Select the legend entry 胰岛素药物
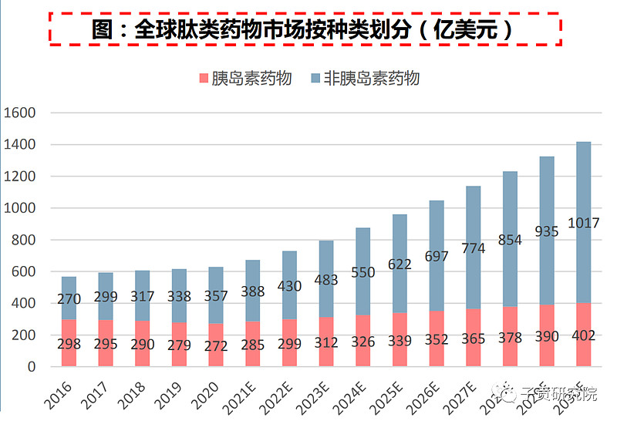pos(245,78)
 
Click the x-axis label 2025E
pos(389,393)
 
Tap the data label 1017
pos(583,224)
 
